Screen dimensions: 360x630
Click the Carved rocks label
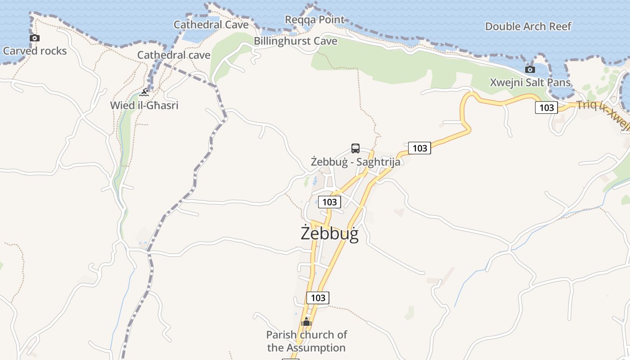[x=35, y=51]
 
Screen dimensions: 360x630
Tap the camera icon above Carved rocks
[x=35, y=38]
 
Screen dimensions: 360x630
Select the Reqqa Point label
[x=315, y=19]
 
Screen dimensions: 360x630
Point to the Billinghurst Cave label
[x=295, y=41]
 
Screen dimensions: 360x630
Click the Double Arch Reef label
[x=528, y=27]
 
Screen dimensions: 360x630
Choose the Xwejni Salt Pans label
[x=530, y=83]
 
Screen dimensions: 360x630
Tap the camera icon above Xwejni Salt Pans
[x=530, y=70]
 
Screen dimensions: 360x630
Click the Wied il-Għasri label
[x=144, y=105]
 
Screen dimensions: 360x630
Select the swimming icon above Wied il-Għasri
[x=144, y=93]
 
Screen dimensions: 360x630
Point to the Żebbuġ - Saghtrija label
[x=355, y=162]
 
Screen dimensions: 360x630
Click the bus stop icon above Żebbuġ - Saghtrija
[x=355, y=148]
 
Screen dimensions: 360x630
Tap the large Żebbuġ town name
[x=329, y=234]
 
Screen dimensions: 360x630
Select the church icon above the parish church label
[x=306, y=322]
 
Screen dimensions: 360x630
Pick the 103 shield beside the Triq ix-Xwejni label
[x=546, y=108]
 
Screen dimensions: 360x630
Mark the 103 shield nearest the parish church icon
[x=318, y=298]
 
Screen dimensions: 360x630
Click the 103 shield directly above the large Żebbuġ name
[x=329, y=202]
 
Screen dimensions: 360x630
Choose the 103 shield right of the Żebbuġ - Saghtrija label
[x=419, y=148]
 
